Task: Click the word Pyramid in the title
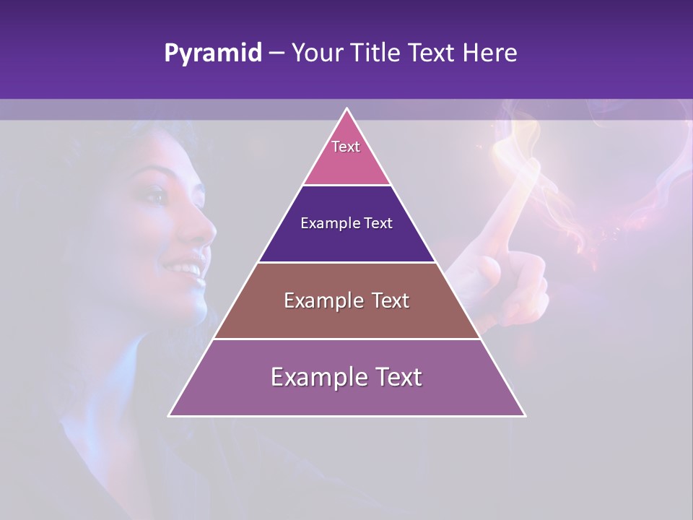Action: (213, 53)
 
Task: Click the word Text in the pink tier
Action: (346, 147)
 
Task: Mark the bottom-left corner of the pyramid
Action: (170, 415)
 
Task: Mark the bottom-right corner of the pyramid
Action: (525, 415)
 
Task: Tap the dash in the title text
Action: (276, 53)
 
